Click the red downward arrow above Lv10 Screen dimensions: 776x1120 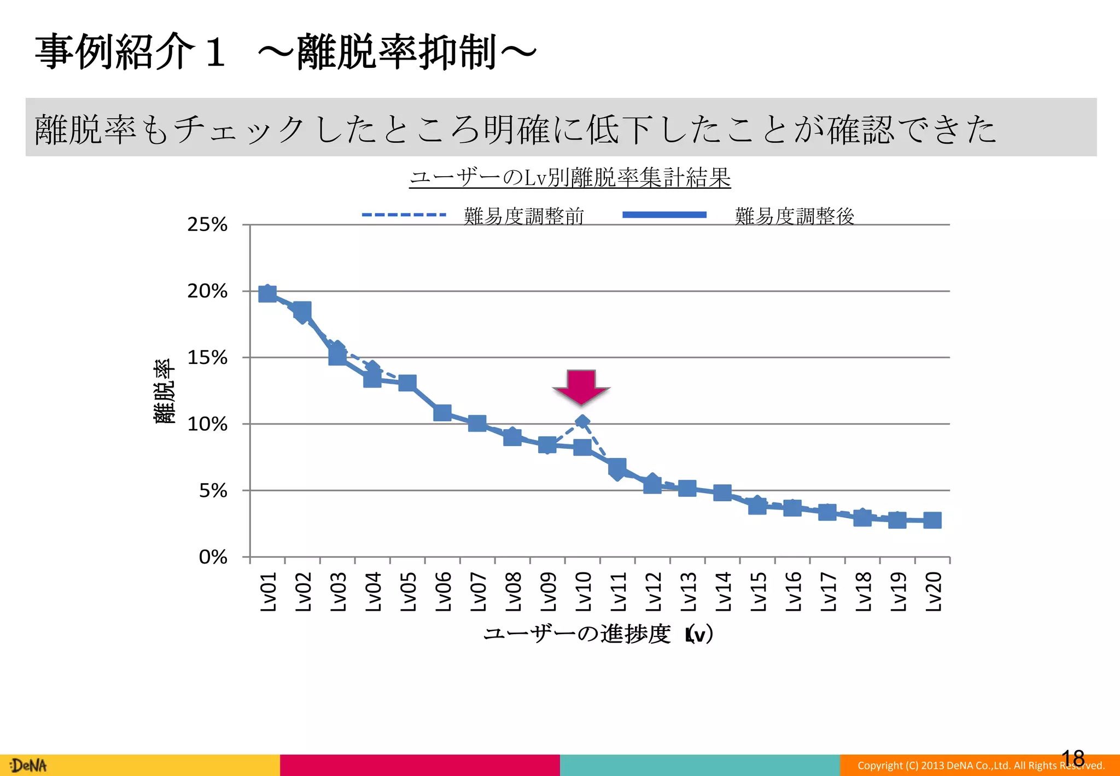(581, 386)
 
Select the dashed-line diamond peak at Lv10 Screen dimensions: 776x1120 (582, 421)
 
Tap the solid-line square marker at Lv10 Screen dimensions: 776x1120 (582, 447)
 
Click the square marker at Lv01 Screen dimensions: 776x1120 (267, 294)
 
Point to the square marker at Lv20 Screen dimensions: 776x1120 (932, 520)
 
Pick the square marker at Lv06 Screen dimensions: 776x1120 (442, 413)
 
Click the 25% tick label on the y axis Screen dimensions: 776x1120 (207, 224)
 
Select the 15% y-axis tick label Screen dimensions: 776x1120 (207, 357)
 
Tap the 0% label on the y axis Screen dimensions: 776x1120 (213, 557)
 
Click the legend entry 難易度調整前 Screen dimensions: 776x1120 (523, 216)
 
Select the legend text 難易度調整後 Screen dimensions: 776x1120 (794, 216)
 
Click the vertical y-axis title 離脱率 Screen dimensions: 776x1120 (164, 391)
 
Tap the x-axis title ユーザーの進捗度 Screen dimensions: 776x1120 (577, 634)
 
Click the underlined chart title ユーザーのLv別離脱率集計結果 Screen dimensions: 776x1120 (570, 177)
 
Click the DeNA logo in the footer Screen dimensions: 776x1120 (28, 765)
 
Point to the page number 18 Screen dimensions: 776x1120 (1072, 758)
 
